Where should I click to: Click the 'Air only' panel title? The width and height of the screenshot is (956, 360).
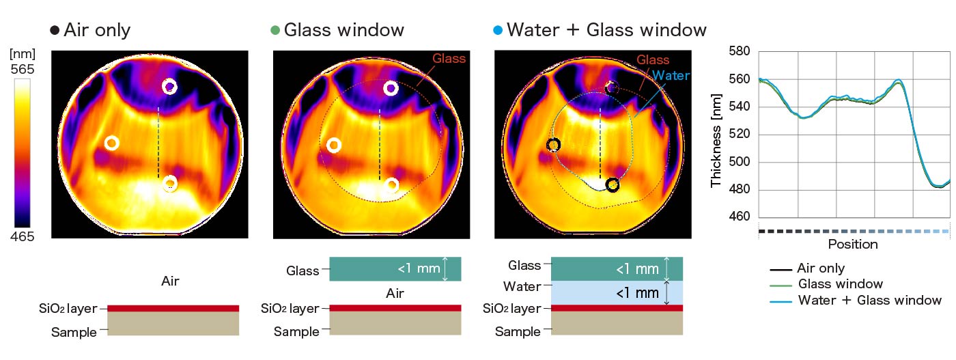96,30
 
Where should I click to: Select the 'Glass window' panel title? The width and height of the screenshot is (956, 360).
343,30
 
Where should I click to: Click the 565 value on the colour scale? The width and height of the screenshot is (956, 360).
23,69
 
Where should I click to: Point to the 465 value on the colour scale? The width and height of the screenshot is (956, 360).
23,236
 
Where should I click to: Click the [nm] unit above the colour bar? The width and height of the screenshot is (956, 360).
23,53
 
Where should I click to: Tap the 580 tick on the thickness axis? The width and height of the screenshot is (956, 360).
739,51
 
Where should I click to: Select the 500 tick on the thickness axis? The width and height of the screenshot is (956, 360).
739,163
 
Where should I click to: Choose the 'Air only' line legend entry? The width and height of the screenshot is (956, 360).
820,268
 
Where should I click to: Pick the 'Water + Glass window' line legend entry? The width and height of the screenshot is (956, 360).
869,300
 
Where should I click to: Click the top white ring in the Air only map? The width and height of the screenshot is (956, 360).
169,87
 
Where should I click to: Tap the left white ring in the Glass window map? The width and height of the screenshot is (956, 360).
333,145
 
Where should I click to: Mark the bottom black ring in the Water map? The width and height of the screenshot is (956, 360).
613,184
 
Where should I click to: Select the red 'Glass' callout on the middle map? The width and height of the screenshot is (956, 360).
449,59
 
